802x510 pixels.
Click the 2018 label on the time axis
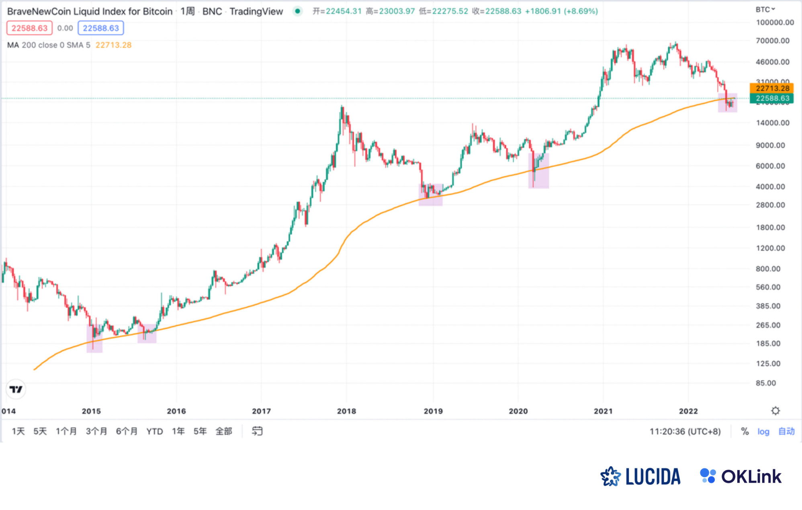point(346,411)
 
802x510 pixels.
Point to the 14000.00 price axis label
point(772,123)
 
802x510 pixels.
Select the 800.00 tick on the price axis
point(768,269)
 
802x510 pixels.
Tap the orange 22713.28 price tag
point(771,88)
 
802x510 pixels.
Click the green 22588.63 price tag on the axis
point(771,98)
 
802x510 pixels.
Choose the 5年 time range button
point(200,431)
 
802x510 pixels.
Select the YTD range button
point(154,431)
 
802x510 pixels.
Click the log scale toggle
point(763,431)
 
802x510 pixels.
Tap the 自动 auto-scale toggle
point(786,431)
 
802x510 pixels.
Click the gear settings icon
point(775,411)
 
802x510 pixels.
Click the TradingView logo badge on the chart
point(16,389)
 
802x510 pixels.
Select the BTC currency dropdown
point(765,9)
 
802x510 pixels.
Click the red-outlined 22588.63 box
point(29,28)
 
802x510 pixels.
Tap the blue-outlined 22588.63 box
point(101,28)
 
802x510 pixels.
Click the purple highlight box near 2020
point(538,171)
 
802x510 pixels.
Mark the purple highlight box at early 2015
point(94,338)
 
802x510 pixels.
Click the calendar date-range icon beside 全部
point(257,431)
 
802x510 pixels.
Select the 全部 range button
point(224,431)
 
